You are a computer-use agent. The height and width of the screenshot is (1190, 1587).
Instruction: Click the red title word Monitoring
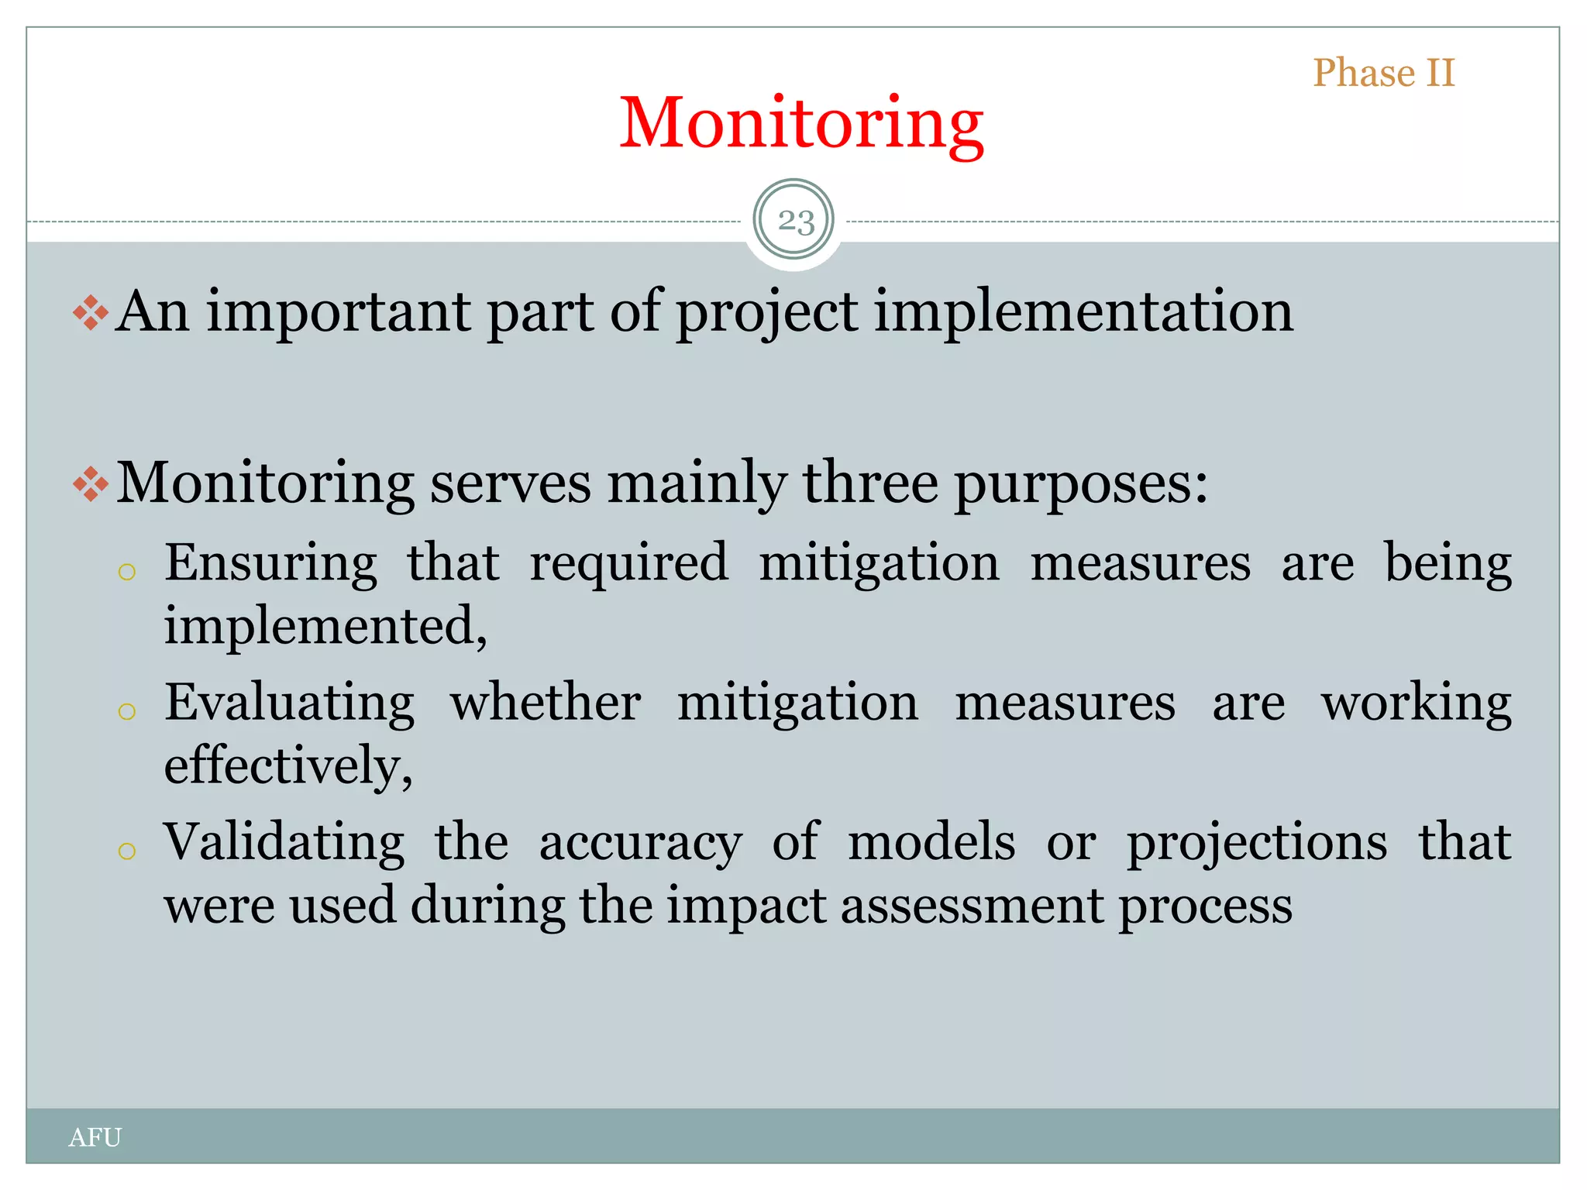click(801, 124)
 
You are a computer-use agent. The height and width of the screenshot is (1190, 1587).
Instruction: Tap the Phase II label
click(1384, 74)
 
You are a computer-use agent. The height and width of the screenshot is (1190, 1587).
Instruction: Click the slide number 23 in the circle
click(795, 222)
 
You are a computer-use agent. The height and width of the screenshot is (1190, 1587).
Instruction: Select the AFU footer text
click(95, 1137)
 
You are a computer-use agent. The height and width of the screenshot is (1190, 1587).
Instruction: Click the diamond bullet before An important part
click(91, 313)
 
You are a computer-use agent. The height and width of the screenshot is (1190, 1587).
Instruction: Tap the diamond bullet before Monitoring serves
click(91, 484)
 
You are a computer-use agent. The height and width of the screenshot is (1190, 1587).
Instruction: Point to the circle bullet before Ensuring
click(127, 573)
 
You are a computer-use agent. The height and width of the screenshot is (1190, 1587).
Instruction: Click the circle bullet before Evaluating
click(127, 711)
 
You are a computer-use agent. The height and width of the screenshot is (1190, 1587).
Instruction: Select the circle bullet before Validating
click(127, 851)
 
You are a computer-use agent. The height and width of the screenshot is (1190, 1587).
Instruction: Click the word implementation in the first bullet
click(1083, 312)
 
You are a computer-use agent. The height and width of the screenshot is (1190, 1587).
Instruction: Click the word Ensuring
click(270, 562)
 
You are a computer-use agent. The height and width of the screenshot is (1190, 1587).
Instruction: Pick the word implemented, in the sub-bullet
click(325, 625)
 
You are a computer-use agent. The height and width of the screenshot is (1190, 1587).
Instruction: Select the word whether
click(546, 703)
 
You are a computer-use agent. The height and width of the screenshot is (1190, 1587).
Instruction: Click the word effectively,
click(288, 765)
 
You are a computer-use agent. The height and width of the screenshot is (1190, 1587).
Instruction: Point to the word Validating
click(284, 842)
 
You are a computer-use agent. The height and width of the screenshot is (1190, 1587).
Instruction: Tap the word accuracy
click(640, 844)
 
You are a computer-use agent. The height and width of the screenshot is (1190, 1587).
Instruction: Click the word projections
click(1256, 844)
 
